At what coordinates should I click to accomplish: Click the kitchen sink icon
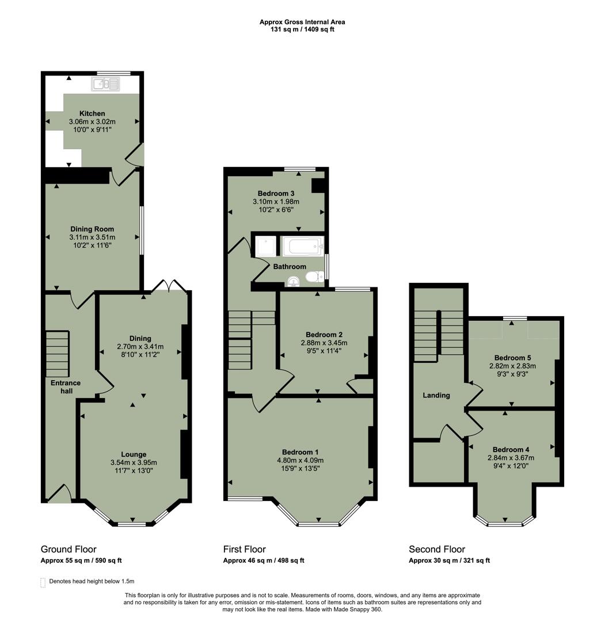(x=105, y=85)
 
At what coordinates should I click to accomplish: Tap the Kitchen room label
(x=92, y=113)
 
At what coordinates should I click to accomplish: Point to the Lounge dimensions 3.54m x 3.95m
(x=134, y=462)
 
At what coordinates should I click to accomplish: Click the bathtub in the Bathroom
(x=303, y=246)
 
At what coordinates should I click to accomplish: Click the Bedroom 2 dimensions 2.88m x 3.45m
(x=324, y=343)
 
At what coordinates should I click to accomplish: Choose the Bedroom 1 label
(x=300, y=452)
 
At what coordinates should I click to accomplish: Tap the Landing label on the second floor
(x=436, y=395)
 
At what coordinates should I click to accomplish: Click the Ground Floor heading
(x=69, y=549)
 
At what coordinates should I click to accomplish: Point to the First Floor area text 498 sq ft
(x=289, y=560)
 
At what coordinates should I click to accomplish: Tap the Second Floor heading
(x=437, y=549)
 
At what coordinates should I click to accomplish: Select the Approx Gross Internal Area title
(x=302, y=22)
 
